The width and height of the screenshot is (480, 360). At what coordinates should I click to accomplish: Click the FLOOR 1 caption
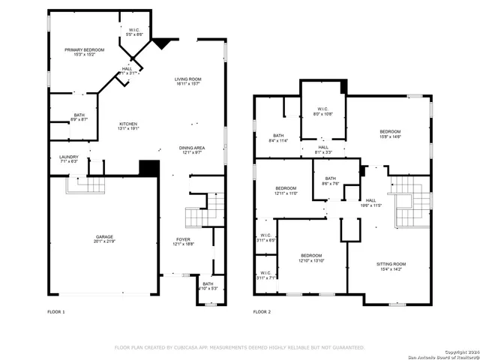click(56, 311)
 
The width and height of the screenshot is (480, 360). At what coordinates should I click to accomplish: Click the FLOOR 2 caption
click(261, 311)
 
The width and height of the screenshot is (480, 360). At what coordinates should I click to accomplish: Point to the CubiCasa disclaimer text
click(239, 347)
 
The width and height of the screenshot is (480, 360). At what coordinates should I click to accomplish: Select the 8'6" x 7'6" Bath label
click(331, 181)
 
